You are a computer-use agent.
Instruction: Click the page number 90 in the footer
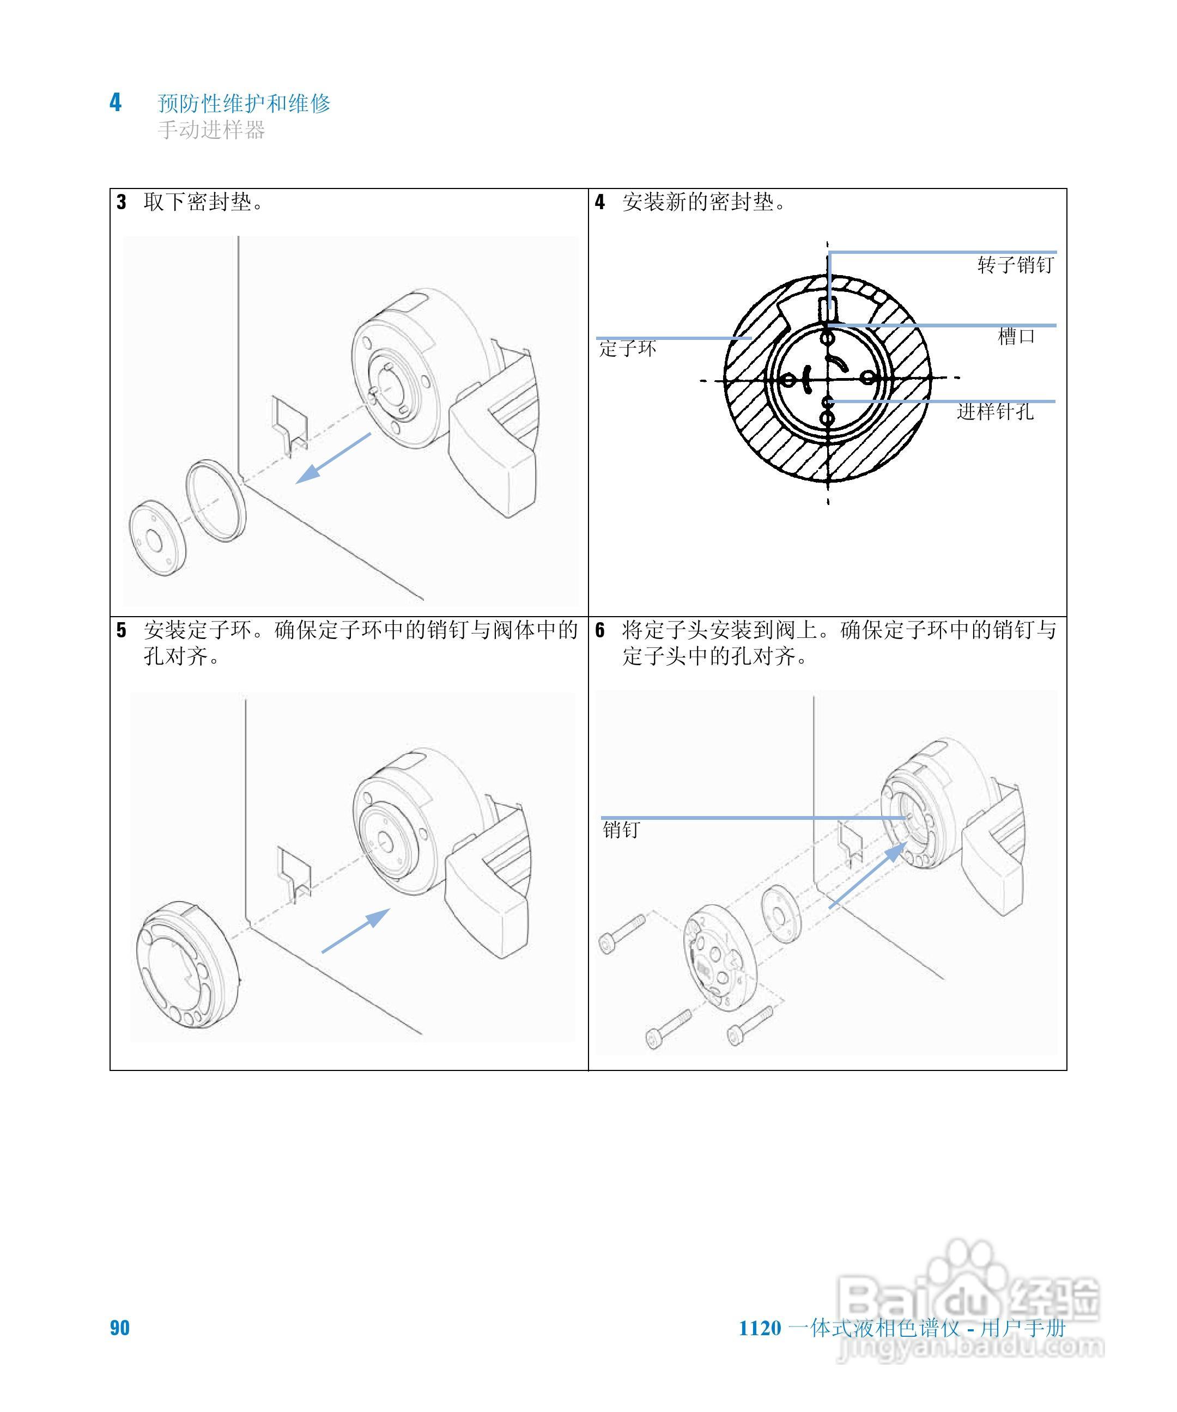click(120, 1328)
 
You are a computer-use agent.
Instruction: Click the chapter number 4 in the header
click(116, 103)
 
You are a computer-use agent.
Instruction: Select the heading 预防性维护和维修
click(244, 104)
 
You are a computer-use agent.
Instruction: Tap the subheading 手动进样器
click(211, 130)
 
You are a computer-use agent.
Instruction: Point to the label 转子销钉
click(1015, 265)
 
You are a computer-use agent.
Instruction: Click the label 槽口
click(1016, 336)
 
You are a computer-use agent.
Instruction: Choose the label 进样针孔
click(995, 411)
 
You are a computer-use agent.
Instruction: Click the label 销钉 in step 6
click(621, 830)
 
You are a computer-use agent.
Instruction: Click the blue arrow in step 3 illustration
click(332, 459)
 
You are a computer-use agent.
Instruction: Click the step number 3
click(121, 203)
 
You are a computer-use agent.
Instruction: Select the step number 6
click(600, 630)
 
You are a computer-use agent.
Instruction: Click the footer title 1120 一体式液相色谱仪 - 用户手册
click(902, 1328)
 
